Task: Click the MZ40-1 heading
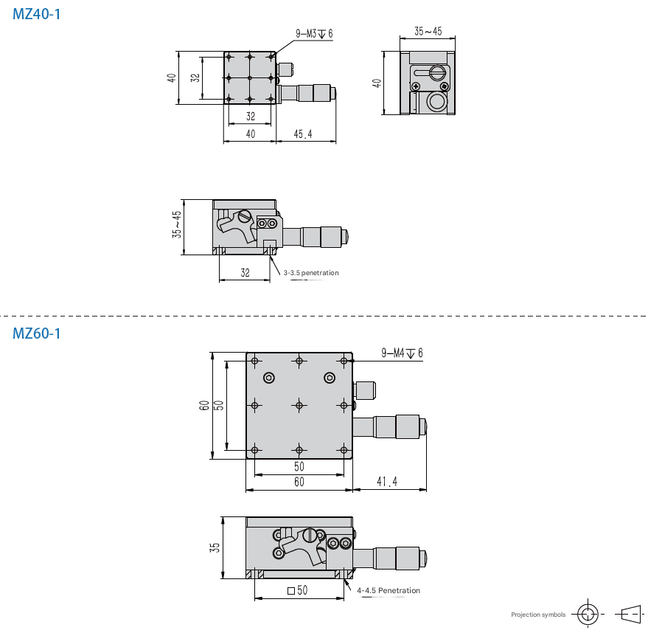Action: (x=37, y=14)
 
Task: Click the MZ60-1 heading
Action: (x=37, y=333)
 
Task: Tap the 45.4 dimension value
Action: (x=303, y=134)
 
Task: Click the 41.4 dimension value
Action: (x=387, y=481)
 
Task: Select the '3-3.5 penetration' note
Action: (x=311, y=273)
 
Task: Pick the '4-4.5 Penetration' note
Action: (x=389, y=590)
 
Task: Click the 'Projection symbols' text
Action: (x=538, y=615)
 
